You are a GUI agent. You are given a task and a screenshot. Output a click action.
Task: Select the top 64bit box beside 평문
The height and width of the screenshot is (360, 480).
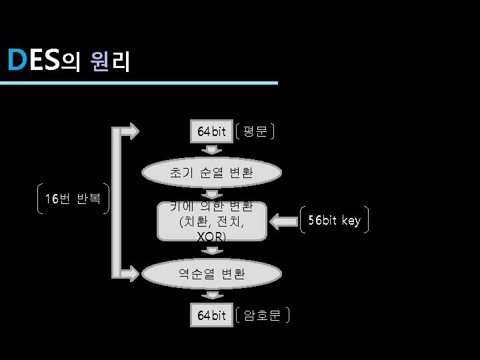[212, 131]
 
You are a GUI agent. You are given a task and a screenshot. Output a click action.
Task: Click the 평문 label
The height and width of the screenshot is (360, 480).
[255, 131]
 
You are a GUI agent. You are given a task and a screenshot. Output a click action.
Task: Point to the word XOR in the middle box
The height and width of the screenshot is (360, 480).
[212, 237]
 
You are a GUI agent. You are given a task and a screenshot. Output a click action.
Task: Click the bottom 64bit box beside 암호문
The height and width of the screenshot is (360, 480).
[212, 315]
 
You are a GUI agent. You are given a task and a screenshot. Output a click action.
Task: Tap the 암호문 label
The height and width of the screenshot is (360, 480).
[263, 315]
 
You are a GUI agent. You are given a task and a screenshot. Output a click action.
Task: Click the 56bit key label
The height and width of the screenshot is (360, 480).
[333, 221]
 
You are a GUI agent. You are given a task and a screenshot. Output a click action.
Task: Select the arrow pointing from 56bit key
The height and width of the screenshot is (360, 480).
[284, 221]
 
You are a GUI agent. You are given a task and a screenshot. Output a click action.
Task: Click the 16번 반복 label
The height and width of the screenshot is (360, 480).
[73, 199]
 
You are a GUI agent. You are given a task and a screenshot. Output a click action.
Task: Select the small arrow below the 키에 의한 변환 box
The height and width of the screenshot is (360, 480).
[212, 250]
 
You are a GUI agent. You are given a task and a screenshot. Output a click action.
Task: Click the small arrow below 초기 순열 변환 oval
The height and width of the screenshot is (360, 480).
[212, 194]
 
